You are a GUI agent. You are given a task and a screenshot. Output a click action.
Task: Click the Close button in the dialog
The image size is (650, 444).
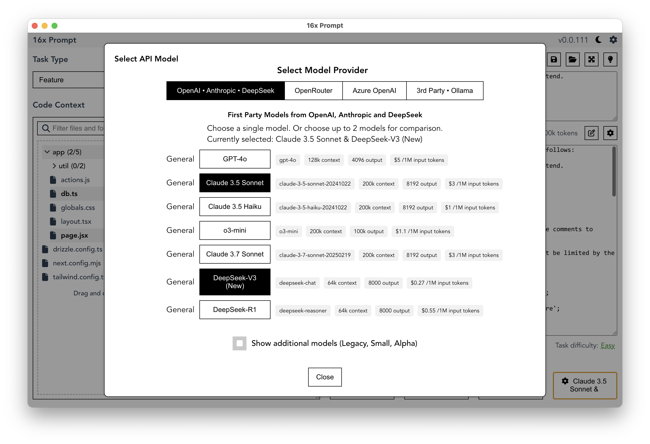tap(325, 377)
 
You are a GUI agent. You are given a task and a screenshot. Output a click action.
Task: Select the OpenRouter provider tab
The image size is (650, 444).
tap(313, 91)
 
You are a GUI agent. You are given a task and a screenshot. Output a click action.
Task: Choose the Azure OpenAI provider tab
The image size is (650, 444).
tap(374, 91)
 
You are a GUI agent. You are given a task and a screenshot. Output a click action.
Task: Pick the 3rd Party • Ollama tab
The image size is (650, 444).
tap(444, 91)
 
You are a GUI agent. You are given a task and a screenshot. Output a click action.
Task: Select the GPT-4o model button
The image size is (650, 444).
tap(235, 159)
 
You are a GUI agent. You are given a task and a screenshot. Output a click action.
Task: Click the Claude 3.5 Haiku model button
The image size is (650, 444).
tap(235, 206)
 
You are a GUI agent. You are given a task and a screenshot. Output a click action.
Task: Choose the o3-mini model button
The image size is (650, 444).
tap(235, 230)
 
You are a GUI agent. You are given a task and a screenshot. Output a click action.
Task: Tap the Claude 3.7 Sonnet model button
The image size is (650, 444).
tap(235, 254)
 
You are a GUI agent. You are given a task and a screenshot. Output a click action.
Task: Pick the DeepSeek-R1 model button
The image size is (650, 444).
tap(235, 309)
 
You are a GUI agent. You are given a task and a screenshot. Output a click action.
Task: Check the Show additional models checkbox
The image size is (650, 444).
tap(239, 343)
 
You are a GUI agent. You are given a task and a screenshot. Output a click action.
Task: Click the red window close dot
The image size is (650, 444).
tap(35, 26)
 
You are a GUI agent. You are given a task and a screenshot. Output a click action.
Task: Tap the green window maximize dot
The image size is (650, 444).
tap(54, 26)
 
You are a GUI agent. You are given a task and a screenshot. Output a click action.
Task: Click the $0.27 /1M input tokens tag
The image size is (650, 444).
tap(439, 283)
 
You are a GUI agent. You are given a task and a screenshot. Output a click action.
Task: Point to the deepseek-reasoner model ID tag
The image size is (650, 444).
tap(303, 310)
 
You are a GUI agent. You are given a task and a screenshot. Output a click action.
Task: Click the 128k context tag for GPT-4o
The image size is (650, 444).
tap(324, 160)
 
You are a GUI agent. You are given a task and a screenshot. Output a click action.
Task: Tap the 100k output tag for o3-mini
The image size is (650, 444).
tap(369, 231)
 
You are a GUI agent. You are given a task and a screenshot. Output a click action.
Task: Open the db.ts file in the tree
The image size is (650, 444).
tap(69, 194)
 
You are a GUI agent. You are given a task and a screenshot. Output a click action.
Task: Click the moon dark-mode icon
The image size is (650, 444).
tap(598, 40)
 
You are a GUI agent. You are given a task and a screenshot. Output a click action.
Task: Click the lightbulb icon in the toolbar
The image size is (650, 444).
tap(610, 59)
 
